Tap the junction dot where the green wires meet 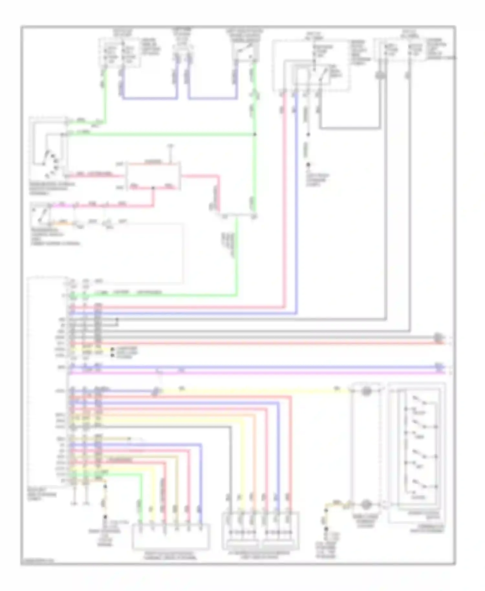coord(255,134)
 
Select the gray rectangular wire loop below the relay coord(349,128)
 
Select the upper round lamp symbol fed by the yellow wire coord(366,391)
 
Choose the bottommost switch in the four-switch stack coord(420,485)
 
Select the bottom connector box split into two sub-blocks coord(260,530)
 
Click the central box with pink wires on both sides coord(153,176)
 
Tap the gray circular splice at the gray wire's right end coord(438,337)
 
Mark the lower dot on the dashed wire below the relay coord(308,165)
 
